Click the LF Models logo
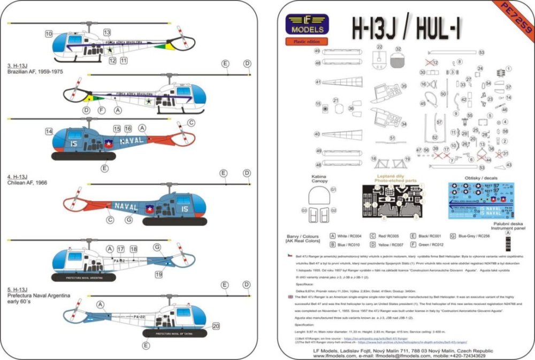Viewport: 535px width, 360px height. click(307, 25)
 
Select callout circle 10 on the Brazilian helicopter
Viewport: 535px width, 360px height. click(49, 34)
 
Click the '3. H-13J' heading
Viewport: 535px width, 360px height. click(18, 66)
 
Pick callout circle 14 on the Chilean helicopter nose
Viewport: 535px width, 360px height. click(49, 132)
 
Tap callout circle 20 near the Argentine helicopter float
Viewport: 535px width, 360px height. click(216, 326)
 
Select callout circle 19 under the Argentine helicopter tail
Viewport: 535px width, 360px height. click(158, 274)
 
